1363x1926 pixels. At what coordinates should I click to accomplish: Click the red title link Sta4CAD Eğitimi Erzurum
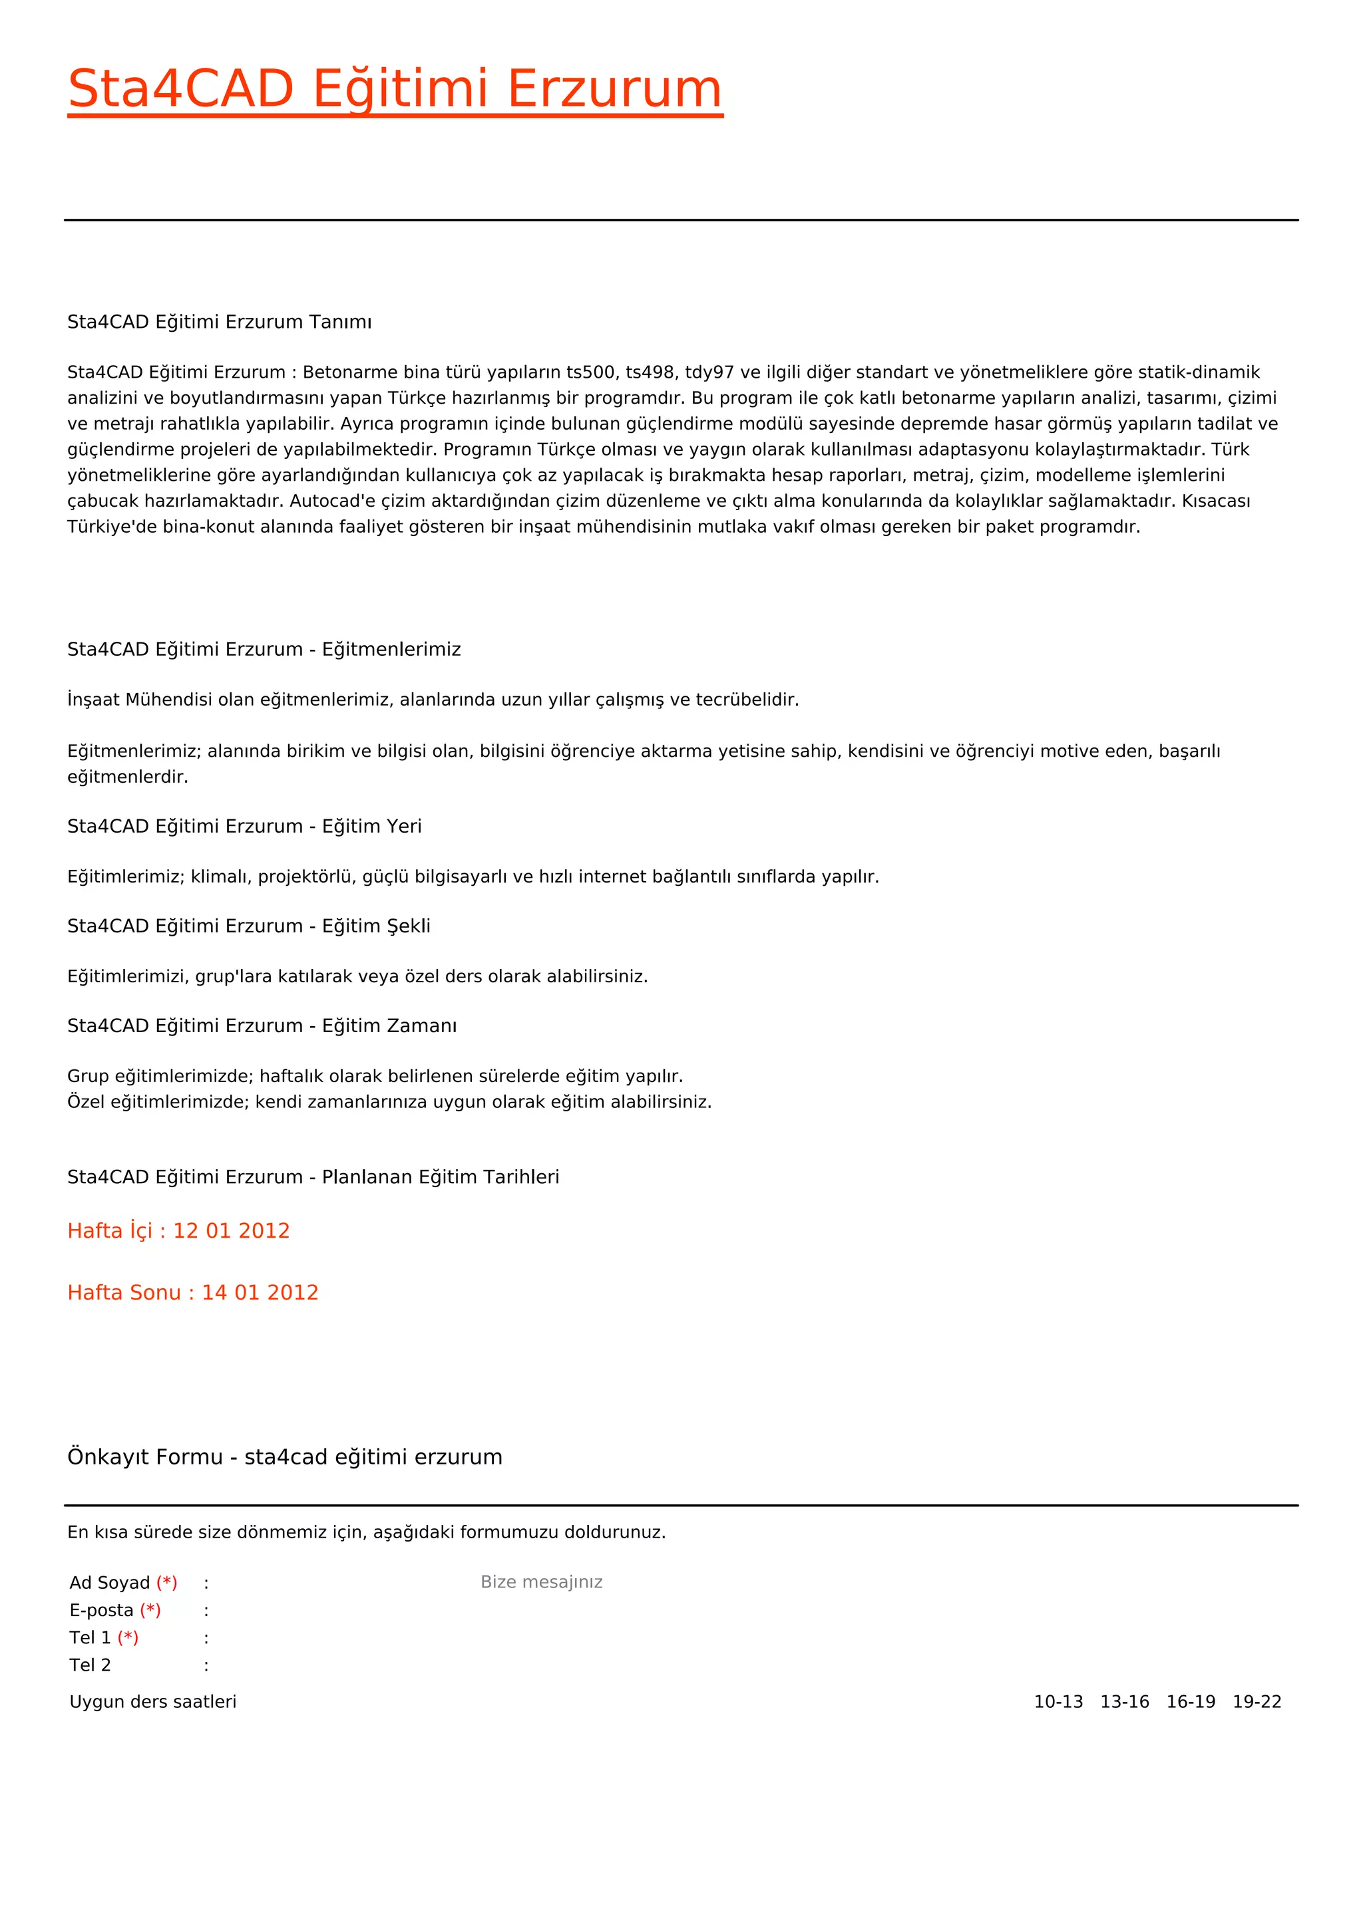[395, 89]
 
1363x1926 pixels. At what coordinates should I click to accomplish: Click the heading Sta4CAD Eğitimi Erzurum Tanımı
[219, 322]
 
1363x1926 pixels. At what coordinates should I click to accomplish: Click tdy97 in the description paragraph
[709, 372]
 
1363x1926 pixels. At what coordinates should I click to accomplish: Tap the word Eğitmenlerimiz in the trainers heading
[391, 649]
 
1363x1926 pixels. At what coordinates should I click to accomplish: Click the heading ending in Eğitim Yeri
[244, 826]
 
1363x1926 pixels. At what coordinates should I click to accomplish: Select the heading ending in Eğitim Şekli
[248, 926]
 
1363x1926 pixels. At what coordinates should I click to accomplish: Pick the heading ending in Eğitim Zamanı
[262, 1026]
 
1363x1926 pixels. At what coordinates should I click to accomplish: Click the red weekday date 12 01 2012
[231, 1230]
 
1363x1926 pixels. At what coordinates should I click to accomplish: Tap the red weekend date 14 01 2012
[260, 1293]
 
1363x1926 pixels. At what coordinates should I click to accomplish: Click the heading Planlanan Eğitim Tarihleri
[440, 1177]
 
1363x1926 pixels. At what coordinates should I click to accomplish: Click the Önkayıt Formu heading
[285, 1457]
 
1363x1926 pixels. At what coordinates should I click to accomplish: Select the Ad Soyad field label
[110, 1583]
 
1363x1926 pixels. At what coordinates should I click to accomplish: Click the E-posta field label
[102, 1611]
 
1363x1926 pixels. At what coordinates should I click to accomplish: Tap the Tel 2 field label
[90, 1665]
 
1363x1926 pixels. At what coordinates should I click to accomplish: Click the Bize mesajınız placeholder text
[541, 1582]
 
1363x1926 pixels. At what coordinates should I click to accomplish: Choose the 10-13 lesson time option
[1058, 1702]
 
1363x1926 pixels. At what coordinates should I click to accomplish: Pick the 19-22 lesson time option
[1257, 1702]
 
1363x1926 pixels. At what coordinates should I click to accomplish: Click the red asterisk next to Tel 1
[128, 1637]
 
